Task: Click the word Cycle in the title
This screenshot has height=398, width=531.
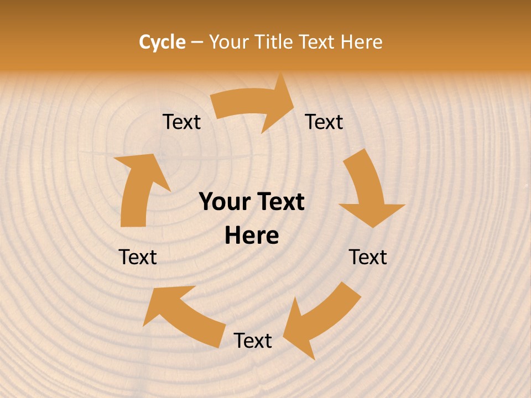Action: (x=162, y=42)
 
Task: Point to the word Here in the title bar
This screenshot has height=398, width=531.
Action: (x=362, y=42)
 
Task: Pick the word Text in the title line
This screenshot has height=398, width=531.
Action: (x=319, y=42)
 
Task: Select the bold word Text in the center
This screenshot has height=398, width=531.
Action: (x=280, y=202)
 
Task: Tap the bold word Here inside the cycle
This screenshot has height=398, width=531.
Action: (x=252, y=236)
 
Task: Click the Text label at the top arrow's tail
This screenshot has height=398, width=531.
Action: (x=181, y=122)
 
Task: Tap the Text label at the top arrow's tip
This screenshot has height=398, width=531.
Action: (x=324, y=122)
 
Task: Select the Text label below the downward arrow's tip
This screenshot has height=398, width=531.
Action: (x=368, y=257)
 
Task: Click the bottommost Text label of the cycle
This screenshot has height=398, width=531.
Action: (x=253, y=341)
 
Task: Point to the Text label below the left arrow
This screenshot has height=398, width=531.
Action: (x=138, y=257)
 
